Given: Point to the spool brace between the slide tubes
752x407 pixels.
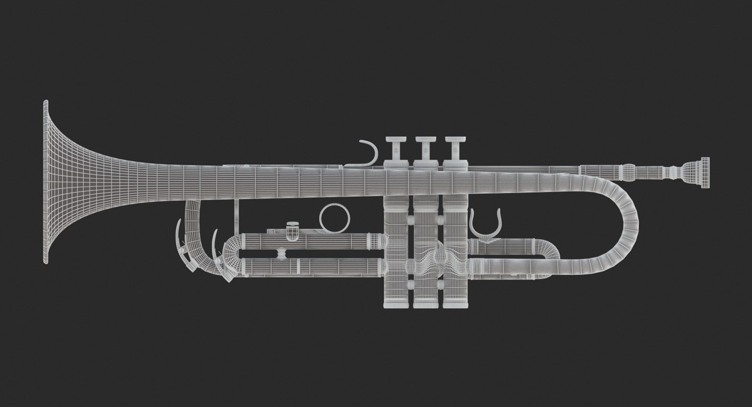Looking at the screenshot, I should (x=280, y=254).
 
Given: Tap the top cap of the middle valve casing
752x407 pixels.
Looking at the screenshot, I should (x=425, y=165).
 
